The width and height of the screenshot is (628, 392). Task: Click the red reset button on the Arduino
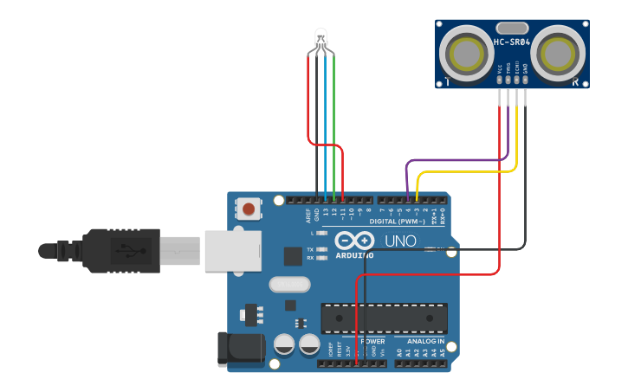pos(249,209)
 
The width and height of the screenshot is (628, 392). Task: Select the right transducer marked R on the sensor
pos(560,54)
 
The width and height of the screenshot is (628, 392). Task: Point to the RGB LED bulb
pos(320,37)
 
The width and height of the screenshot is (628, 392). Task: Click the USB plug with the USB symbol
pos(121,250)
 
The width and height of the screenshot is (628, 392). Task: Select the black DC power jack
pos(241,348)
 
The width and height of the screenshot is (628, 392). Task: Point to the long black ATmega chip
pos(384,318)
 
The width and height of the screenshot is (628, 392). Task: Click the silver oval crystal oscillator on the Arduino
pos(288,284)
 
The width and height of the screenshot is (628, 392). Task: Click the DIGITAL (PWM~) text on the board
pos(398,222)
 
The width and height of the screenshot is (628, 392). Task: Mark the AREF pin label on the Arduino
pos(308,214)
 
